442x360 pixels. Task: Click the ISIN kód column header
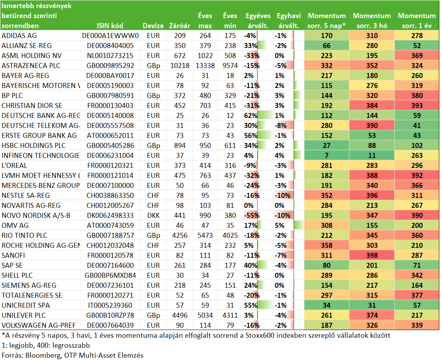tap(110, 26)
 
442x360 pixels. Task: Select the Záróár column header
tap(179, 26)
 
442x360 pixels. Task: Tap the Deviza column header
tap(153, 26)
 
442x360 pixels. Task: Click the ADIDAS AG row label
tap(19, 36)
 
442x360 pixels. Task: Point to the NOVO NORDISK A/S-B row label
tap(36, 216)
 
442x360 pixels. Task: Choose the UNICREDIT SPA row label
tap(26, 305)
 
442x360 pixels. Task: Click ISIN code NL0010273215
tap(110, 56)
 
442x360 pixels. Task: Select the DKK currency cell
tap(153, 216)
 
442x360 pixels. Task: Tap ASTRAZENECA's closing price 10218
tap(180, 66)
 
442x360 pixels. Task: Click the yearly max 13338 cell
tap(205, 66)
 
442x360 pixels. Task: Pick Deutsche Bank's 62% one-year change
tap(251, 116)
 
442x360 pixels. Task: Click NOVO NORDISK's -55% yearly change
tap(252, 216)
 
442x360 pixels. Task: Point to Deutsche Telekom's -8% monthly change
tap(281, 126)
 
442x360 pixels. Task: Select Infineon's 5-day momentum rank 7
tap(326, 156)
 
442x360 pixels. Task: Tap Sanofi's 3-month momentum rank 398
tap(372, 255)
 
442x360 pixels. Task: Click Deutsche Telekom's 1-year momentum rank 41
tap(417, 126)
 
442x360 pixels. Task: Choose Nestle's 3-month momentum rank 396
tap(372, 196)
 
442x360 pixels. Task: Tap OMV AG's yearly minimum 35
tap(230, 226)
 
